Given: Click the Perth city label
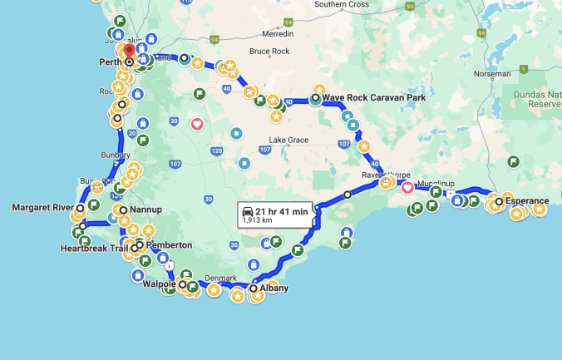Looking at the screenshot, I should [x=111, y=62].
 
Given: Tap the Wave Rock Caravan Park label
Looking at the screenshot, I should [x=373, y=97].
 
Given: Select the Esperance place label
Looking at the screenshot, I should [x=527, y=200].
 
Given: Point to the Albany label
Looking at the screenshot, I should [x=274, y=288].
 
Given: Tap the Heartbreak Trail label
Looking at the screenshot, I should [x=94, y=248].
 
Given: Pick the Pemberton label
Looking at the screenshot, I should [x=169, y=245].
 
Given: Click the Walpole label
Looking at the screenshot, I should [x=159, y=284].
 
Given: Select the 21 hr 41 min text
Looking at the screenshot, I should [x=283, y=212].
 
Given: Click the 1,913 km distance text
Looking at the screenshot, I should [x=257, y=221].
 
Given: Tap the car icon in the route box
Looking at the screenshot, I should [x=248, y=212].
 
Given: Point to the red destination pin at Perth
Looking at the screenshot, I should [x=130, y=50].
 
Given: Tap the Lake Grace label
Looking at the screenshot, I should [x=288, y=141].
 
